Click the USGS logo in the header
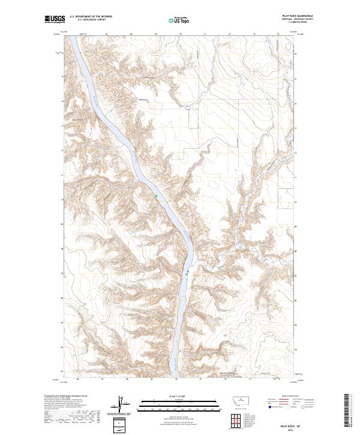pos(55,20)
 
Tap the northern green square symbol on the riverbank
pos(157,196)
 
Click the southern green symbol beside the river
pos(188,272)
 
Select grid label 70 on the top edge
pos(181,34)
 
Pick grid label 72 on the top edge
pos(230,34)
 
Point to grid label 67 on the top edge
pos(106,34)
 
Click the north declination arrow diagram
pos(119,405)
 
